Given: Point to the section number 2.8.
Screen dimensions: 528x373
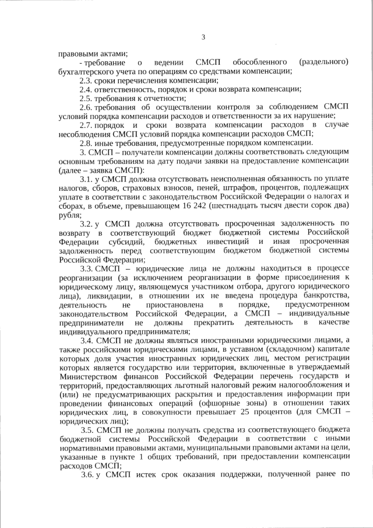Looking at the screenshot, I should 85,142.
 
